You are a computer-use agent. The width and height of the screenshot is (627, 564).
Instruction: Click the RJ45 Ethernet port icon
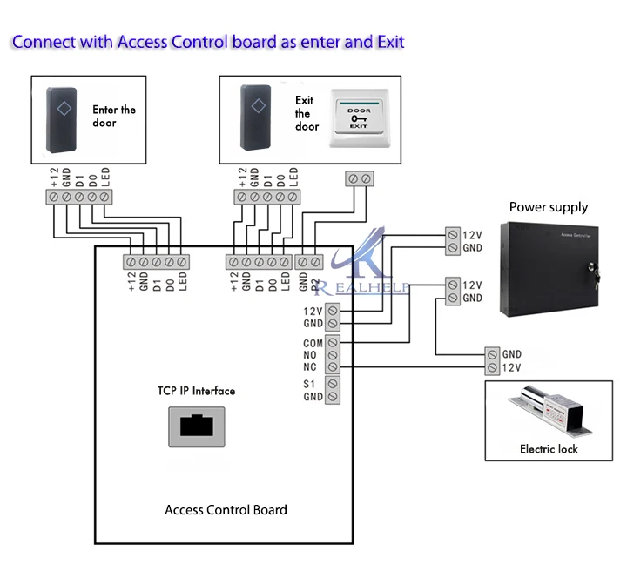[196, 426]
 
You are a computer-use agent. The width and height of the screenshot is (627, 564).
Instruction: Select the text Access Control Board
[226, 510]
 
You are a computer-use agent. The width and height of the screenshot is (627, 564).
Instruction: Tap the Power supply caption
[548, 207]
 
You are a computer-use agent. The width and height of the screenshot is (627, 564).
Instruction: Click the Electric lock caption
[549, 449]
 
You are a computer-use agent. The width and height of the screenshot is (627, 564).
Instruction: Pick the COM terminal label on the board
[313, 343]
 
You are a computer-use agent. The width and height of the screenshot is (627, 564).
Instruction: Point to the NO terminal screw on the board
[334, 355]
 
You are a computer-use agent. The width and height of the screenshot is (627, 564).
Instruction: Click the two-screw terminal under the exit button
[360, 178]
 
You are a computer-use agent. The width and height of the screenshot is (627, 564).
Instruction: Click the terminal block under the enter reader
[79, 198]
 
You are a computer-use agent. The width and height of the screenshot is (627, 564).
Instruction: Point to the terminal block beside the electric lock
[493, 362]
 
